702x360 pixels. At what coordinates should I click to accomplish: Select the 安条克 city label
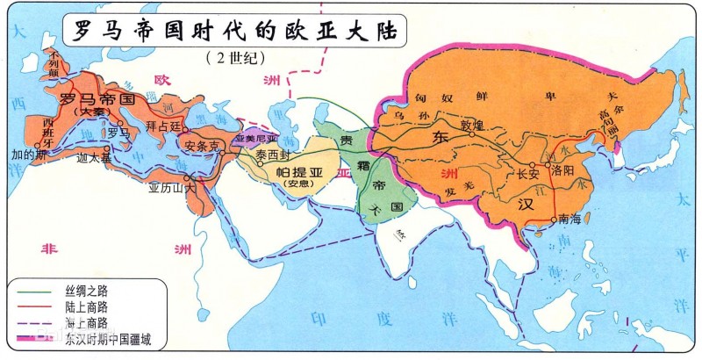click(203, 147)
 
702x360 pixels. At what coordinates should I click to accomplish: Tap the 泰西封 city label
click(273, 155)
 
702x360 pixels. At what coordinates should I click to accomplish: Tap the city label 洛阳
click(563, 172)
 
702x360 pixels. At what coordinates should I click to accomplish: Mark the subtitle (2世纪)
click(233, 59)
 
